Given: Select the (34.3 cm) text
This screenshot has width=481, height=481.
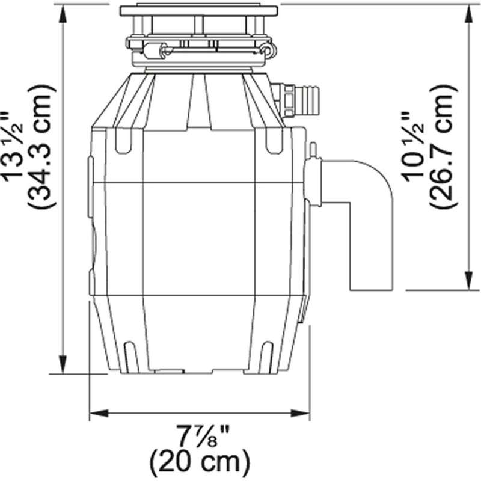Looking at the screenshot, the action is click(41, 147).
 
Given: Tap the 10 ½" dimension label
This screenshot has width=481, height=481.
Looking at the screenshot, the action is click(412, 147).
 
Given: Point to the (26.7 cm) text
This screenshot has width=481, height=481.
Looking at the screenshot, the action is click(443, 147).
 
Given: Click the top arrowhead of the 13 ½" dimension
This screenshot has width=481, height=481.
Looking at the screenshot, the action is click(63, 14).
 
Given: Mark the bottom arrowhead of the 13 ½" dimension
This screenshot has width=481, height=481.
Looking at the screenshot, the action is click(63, 364).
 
